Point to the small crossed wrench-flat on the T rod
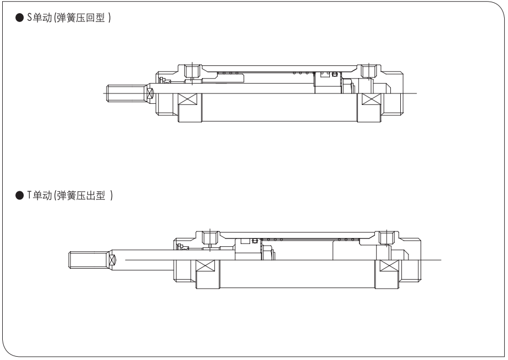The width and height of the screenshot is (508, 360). [112, 259]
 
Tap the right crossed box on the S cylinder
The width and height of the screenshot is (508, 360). [372, 102]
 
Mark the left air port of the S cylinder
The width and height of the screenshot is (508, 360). [192, 71]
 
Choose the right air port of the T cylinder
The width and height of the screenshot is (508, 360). [385, 237]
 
